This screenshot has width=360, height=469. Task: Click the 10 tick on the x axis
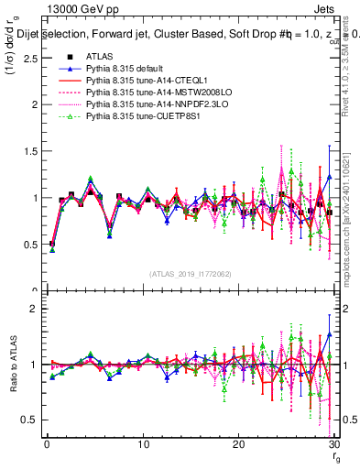tap(143, 444)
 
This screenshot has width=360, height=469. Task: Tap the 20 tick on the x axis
tap(239, 444)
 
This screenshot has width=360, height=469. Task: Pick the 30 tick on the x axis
tap(333, 444)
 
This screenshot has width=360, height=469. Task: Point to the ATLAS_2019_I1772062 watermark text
tap(190, 273)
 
